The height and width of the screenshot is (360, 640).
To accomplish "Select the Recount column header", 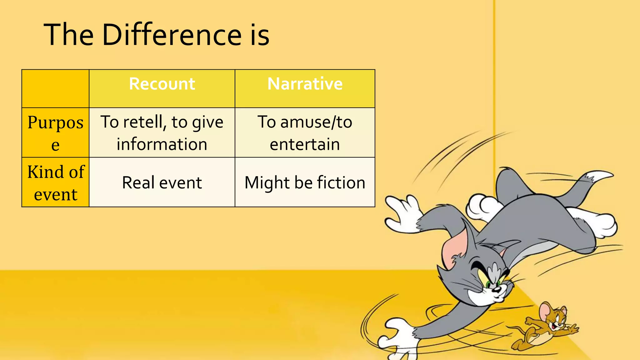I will pos(162,84).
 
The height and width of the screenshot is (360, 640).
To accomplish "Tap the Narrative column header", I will pos(305,84).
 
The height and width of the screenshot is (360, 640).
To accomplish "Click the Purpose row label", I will pos(55,132).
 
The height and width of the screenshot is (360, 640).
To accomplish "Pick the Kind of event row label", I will pos(55,182).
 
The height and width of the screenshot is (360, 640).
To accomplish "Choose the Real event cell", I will pos(162,182).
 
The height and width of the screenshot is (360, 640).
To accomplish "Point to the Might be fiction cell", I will pos(305,182).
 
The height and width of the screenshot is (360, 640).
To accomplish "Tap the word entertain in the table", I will pos(305,144).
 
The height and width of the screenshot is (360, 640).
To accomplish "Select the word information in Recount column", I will pos(162,144).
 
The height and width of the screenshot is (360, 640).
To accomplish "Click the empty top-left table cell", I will pos(55,89).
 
